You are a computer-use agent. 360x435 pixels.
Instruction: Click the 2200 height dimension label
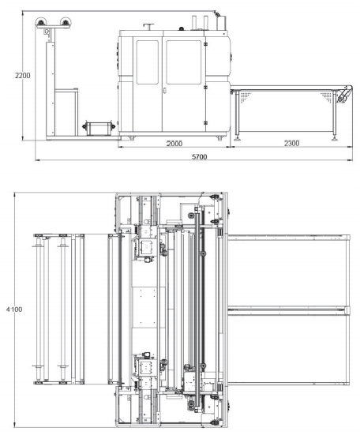pyautogui.click(x=22, y=75)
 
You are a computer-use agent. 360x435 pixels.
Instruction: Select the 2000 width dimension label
pyautogui.click(x=174, y=143)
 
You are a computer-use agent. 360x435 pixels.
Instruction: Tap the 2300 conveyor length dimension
pyautogui.click(x=291, y=143)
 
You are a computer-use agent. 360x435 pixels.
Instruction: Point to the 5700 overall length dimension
pyautogui.click(x=200, y=157)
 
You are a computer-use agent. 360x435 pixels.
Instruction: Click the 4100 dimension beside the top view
pyautogui.click(x=14, y=309)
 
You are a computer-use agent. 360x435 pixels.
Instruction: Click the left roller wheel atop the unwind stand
pyautogui.click(x=40, y=22)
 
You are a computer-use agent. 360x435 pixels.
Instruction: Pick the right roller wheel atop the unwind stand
pyautogui.click(x=66, y=22)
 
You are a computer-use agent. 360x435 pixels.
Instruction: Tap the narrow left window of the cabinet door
pyautogui.click(x=148, y=62)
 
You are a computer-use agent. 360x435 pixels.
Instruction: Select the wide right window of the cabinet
pyautogui.click(x=184, y=62)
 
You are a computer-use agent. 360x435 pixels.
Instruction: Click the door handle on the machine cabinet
pyautogui.click(x=164, y=91)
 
